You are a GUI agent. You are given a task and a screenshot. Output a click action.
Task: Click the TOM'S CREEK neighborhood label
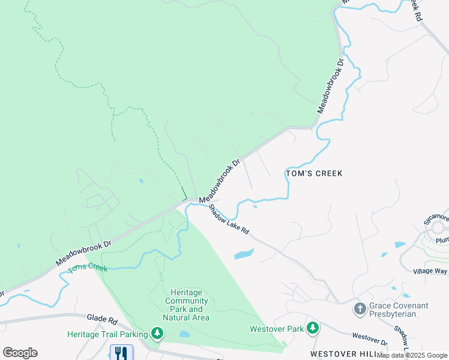click(313, 173)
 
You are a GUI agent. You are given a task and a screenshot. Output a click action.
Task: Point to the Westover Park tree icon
click(312, 328)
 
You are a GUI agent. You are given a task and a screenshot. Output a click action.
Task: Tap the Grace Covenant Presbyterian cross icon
click(360, 309)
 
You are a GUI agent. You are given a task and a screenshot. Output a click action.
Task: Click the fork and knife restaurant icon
click(122, 352)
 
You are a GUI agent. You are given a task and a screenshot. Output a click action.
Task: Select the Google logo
click(20, 353)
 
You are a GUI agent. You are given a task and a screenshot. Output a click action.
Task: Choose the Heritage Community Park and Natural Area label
click(187, 305)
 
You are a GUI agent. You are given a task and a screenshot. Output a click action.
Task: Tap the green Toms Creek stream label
click(88, 266)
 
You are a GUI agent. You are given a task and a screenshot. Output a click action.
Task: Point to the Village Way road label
click(430, 271)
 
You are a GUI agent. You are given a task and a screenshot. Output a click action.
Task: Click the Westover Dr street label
click(369, 339)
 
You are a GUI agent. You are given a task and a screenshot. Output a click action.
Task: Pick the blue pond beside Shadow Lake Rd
click(244, 254)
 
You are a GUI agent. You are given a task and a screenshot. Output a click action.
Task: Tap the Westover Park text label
click(277, 329)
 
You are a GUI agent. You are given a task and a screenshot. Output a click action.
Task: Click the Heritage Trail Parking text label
click(107, 334)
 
